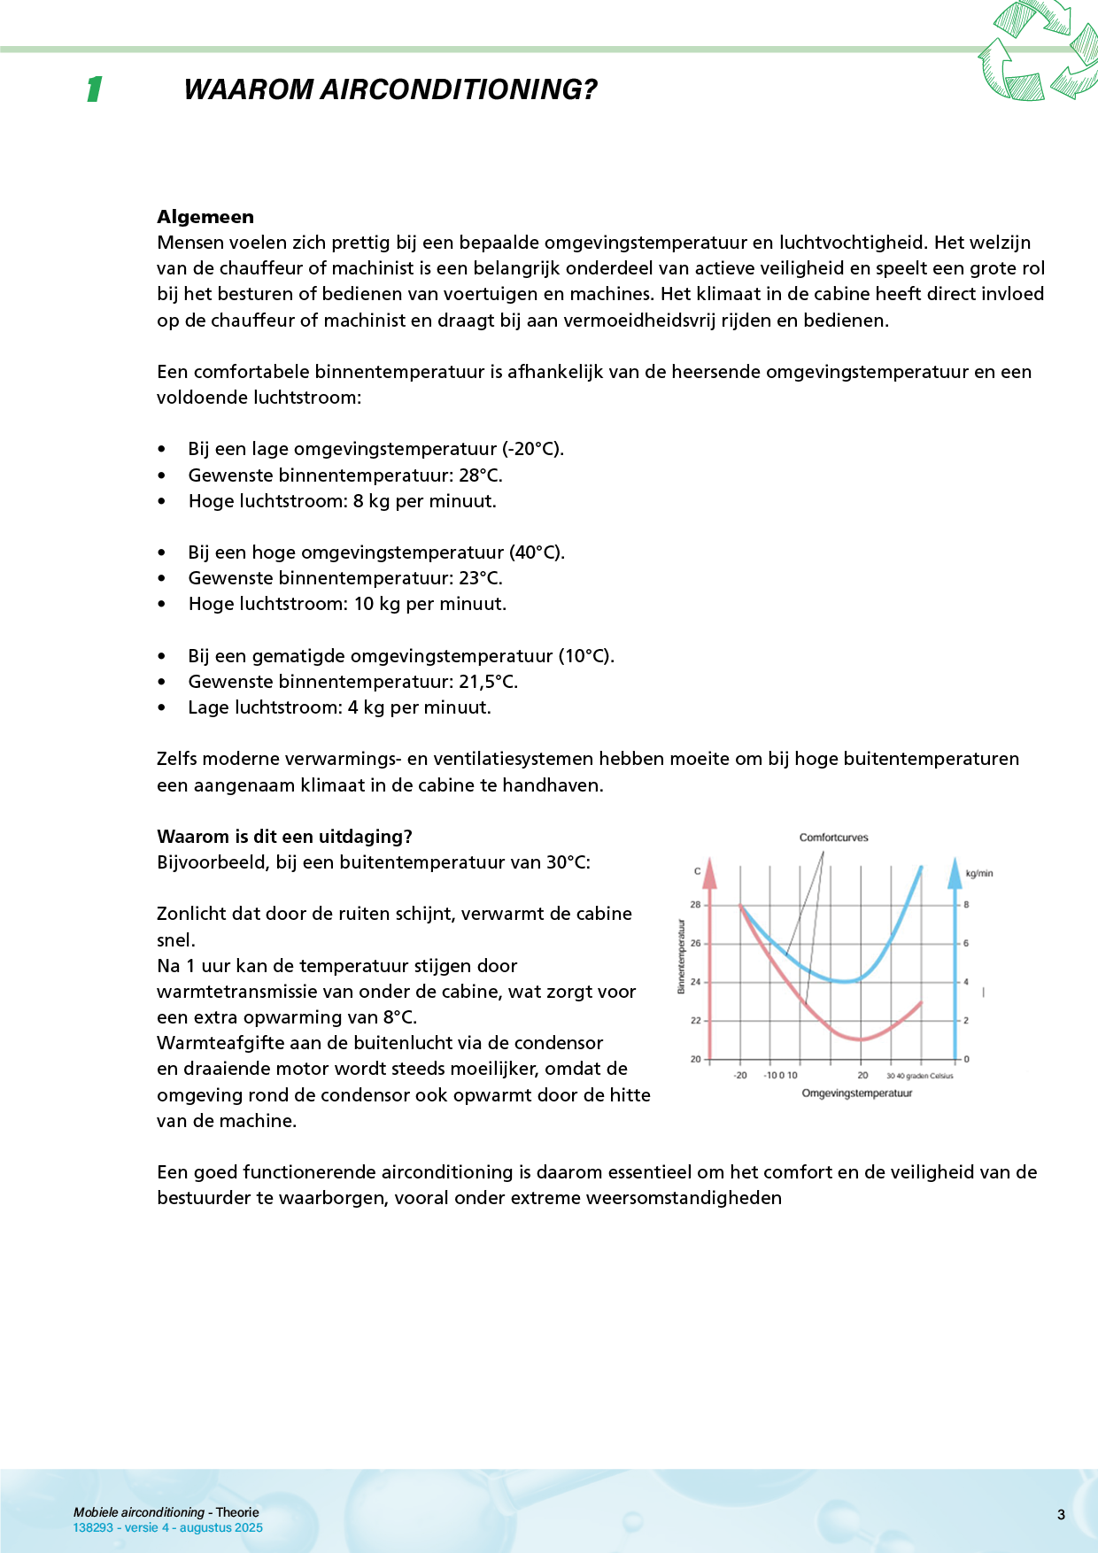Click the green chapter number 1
(x=94, y=89)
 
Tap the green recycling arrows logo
(x=1037, y=51)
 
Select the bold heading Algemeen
(x=205, y=217)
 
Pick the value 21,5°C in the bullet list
(x=488, y=682)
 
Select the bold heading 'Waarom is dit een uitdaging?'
(x=284, y=837)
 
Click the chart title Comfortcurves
(x=833, y=838)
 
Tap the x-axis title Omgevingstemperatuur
(x=856, y=1093)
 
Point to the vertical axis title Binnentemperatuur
(x=681, y=956)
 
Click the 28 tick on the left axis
(x=695, y=905)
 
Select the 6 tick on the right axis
(x=966, y=944)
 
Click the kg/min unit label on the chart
(x=979, y=874)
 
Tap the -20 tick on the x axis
(x=740, y=1076)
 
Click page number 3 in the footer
(x=1061, y=1515)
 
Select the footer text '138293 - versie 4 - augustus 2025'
(x=168, y=1527)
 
